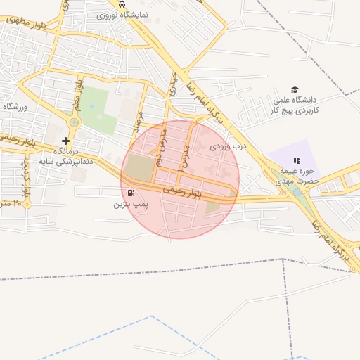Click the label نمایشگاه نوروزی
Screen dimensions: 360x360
[122, 13]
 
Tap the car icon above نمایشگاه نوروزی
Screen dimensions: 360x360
[123, 4]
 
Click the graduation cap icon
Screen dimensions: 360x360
[295, 89]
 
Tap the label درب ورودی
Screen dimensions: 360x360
[229, 147]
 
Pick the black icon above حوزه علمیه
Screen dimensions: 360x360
[296, 160]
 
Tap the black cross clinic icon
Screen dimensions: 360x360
[66, 141]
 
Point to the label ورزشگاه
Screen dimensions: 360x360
[13, 107]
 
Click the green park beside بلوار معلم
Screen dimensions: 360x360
[98, 109]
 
